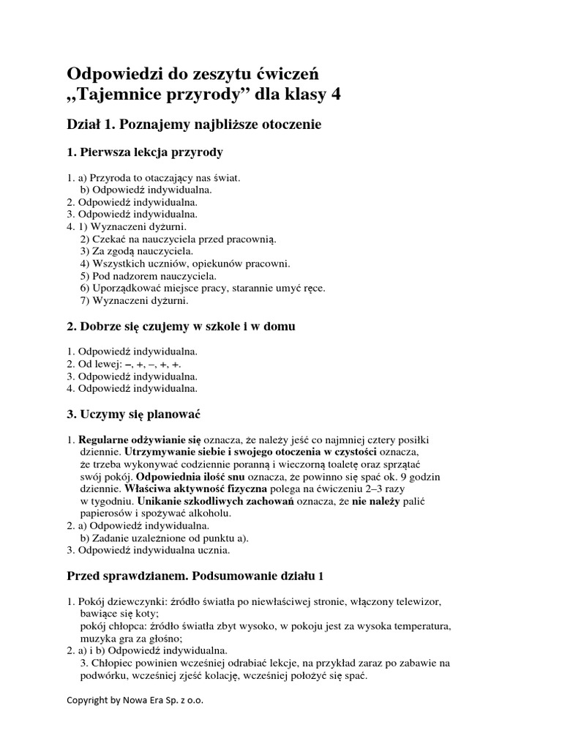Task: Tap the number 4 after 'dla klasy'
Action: (335, 94)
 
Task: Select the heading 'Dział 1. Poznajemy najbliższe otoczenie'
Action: (194, 125)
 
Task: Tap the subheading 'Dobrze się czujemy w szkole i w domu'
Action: (186, 325)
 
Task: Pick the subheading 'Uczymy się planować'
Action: (139, 414)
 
